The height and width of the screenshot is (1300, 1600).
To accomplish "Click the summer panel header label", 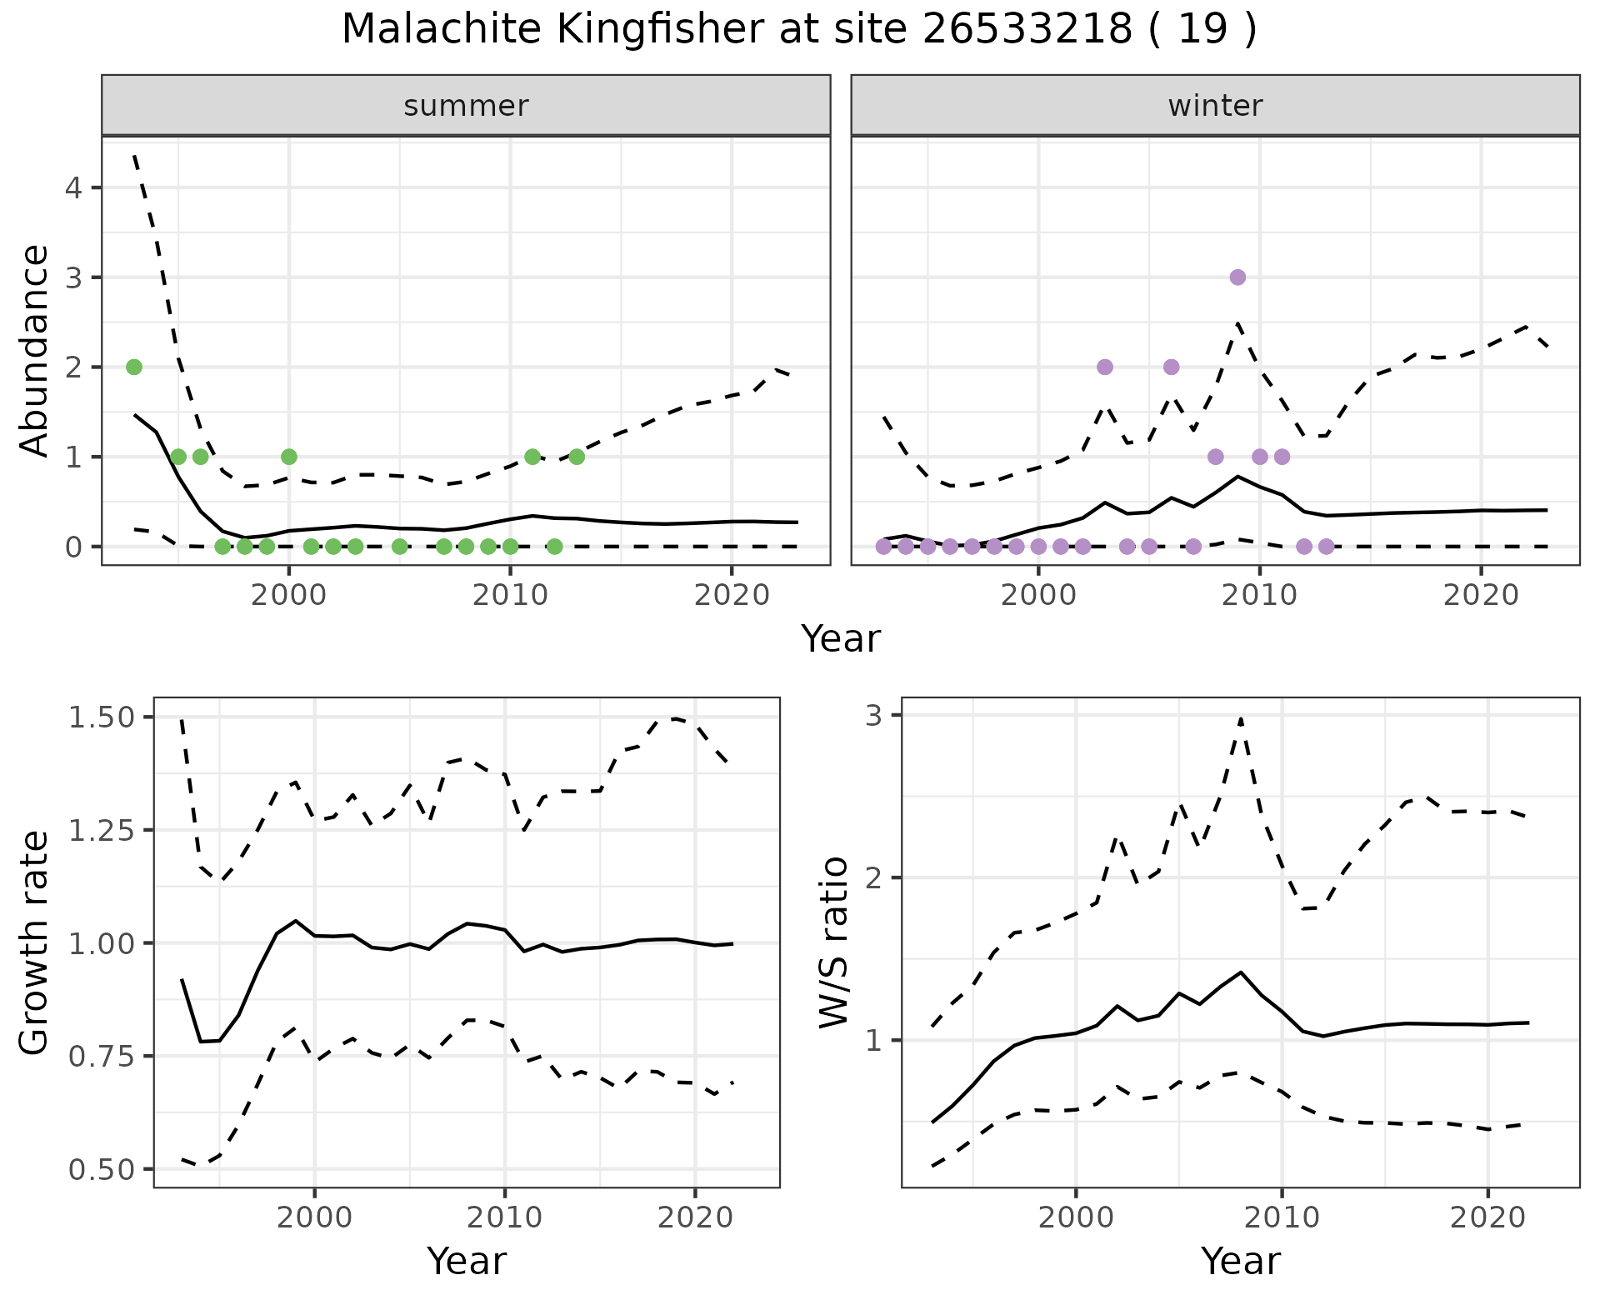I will click(x=466, y=106).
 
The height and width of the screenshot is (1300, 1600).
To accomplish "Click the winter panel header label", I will click(x=1215, y=106).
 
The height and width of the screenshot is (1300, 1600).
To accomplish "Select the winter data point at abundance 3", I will click(x=1237, y=277).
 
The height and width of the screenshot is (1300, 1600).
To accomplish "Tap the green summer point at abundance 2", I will click(x=134, y=367).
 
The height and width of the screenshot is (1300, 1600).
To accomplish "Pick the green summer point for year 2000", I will click(x=289, y=457).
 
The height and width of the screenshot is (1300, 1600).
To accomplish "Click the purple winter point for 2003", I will click(x=1105, y=367).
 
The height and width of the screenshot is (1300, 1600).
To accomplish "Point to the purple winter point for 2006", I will click(x=1171, y=367).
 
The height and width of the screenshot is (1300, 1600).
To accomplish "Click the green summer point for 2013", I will click(x=577, y=457).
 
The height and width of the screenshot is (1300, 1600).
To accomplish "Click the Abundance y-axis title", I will click(x=35, y=350).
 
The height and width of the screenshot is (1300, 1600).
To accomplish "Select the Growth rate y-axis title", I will click(x=35, y=942).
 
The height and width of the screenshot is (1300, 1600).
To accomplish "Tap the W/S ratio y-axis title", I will click(x=834, y=942).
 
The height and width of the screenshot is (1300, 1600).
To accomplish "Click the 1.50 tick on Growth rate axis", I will click(x=101, y=717).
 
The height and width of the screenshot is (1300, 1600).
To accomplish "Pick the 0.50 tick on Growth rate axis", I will click(x=101, y=1170).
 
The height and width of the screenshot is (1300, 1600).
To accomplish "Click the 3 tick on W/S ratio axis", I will click(x=873, y=716).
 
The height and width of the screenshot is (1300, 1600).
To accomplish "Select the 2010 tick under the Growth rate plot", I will click(x=504, y=1217).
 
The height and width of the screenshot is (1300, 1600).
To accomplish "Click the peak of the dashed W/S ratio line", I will click(x=1241, y=718).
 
